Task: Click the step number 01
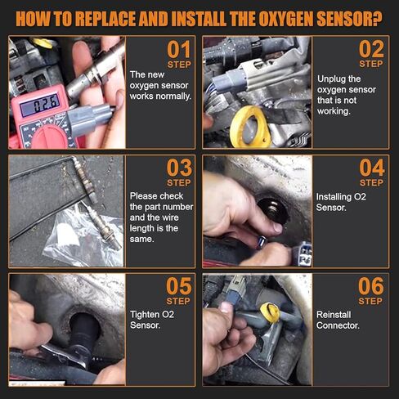click(x=179, y=49)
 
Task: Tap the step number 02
click(x=371, y=49)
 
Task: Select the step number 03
click(x=179, y=168)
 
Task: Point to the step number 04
click(x=372, y=168)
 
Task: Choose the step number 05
click(x=179, y=286)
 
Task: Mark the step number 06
click(x=371, y=286)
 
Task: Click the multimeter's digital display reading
click(x=39, y=105)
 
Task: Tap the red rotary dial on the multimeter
click(x=50, y=137)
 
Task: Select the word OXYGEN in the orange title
click(x=285, y=19)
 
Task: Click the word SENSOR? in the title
click(x=349, y=19)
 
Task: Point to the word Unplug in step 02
click(x=331, y=79)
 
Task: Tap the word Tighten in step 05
click(x=146, y=315)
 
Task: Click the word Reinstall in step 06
click(x=334, y=315)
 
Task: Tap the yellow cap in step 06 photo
click(x=270, y=312)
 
